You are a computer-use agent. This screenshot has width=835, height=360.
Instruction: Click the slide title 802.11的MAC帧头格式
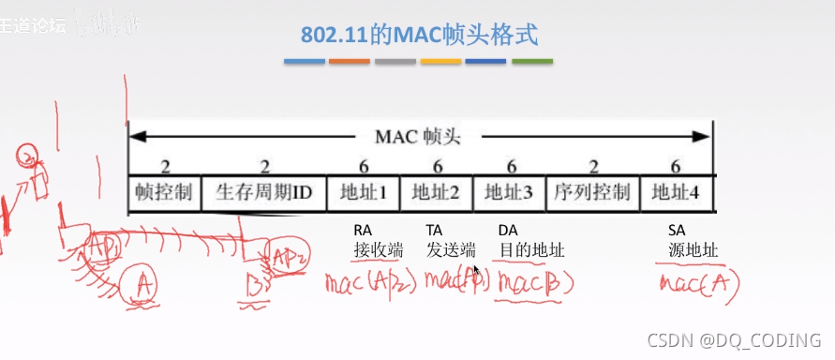click(420, 36)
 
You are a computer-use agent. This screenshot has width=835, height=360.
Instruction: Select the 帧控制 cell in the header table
click(163, 193)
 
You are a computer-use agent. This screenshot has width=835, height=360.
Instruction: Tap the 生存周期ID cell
click(263, 193)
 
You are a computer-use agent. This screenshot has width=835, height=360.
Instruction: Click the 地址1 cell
click(363, 193)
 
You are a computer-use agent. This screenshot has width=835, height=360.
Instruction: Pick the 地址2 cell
click(436, 193)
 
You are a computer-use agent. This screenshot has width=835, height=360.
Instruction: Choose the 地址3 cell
click(509, 193)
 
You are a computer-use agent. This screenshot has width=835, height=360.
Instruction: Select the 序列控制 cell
click(591, 193)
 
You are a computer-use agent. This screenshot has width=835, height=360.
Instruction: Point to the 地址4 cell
click(676, 193)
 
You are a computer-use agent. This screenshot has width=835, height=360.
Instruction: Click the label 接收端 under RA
click(378, 250)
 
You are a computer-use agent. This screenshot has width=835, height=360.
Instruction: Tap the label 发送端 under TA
click(451, 250)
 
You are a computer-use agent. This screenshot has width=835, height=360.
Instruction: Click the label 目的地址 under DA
click(531, 250)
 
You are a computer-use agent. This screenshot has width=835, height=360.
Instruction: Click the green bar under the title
click(531, 62)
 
